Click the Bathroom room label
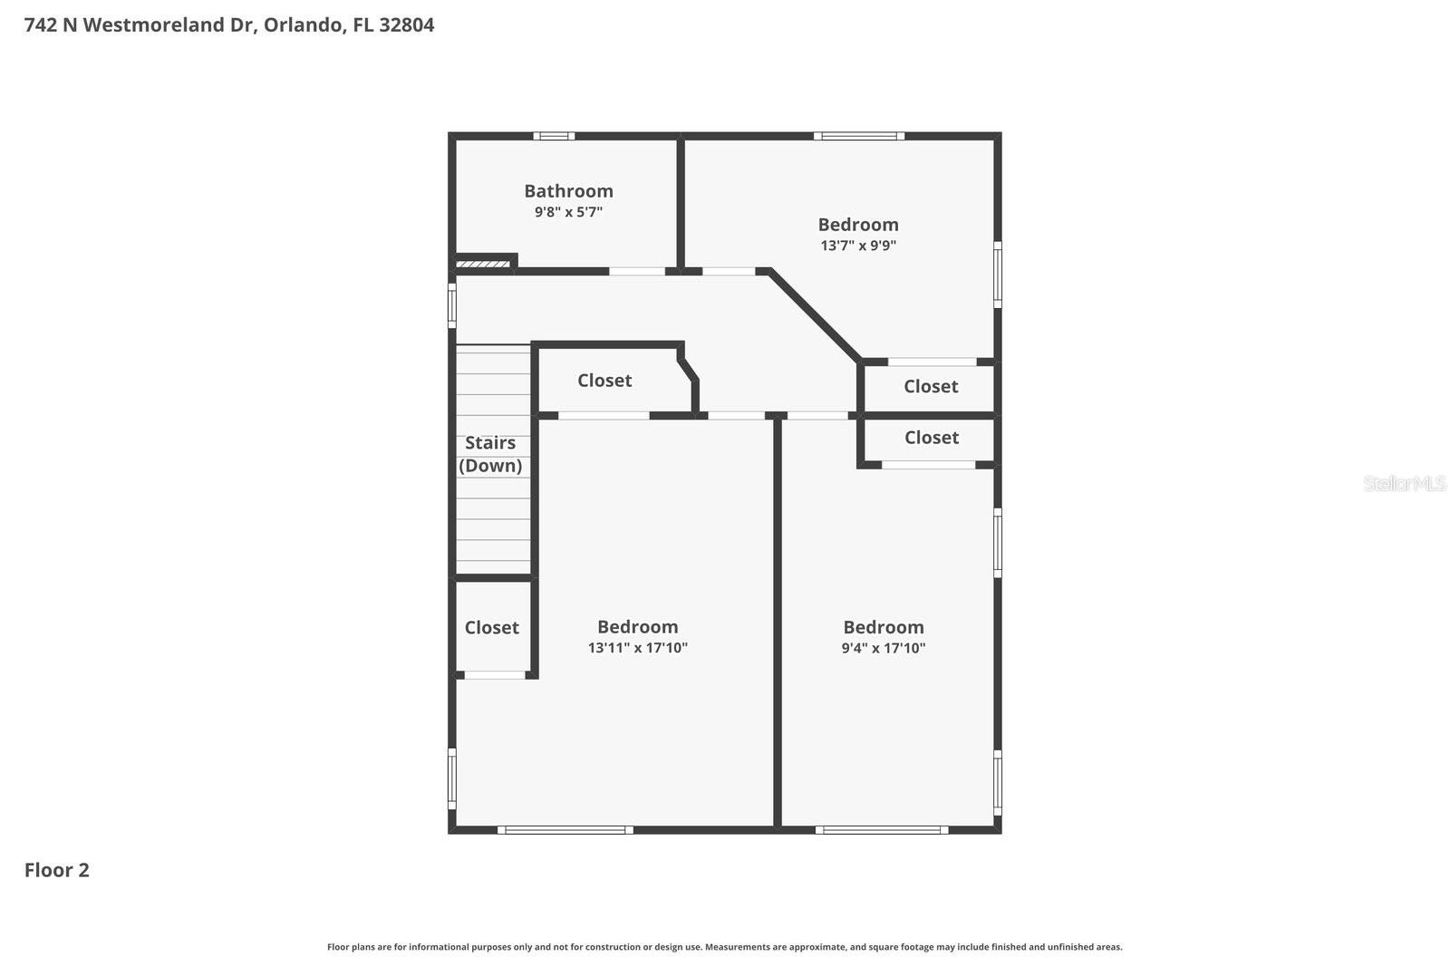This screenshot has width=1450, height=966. point(568,191)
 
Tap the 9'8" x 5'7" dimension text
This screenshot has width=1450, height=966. point(568,212)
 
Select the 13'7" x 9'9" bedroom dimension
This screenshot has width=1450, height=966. point(858,246)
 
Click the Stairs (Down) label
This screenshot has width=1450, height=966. point(490,454)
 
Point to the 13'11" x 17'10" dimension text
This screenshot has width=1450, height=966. point(637,648)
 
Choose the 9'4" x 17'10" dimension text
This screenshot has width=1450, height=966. point(883,648)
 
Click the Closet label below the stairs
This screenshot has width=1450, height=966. point(491,627)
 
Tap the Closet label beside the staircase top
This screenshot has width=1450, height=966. point(604,381)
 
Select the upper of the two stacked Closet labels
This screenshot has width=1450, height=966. point(931,387)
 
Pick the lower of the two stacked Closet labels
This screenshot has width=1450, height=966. point(931,438)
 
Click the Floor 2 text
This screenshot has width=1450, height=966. point(56,870)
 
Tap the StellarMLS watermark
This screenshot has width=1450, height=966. point(1404,483)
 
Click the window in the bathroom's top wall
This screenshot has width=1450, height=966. point(553,137)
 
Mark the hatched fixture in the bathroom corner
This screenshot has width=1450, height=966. point(482,264)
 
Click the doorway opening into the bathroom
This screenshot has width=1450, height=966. point(636,271)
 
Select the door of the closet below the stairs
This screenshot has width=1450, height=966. point(495,675)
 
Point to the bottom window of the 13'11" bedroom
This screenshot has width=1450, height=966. point(565,829)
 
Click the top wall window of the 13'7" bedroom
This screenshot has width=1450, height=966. point(858,137)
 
